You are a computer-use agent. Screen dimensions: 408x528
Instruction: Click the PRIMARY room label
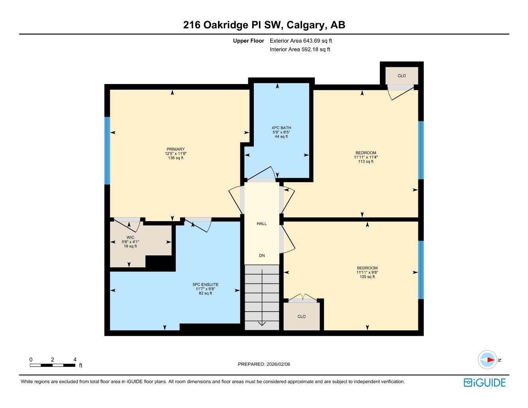175,149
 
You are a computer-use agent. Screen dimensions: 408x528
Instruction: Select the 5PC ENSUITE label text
205,284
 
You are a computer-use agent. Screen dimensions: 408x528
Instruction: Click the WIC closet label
130,237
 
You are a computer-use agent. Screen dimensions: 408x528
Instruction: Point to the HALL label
261,224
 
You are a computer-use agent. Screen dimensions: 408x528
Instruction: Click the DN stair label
261,256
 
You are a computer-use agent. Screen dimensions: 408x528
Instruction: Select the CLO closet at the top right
402,76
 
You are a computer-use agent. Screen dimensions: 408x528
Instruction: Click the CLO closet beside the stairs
302,316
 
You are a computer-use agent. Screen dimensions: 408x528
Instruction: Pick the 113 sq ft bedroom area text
365,162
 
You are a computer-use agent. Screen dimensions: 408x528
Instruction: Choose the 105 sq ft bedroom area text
367,277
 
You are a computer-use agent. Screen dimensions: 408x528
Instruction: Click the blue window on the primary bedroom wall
107,151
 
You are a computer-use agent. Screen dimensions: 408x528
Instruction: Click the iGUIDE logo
485,382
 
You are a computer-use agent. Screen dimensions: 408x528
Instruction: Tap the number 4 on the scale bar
75,359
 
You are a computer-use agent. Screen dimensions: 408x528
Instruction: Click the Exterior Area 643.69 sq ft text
301,41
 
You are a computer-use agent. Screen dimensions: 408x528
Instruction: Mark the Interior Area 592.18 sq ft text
300,49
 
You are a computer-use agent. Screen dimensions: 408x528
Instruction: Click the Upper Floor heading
248,41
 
